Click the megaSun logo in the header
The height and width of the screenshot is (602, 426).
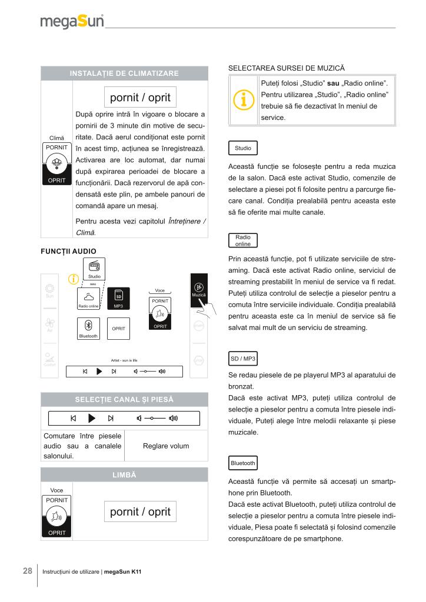(x=72, y=22)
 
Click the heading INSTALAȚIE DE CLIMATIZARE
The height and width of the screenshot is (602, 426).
(x=124, y=73)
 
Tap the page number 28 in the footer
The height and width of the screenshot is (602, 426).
(x=27, y=571)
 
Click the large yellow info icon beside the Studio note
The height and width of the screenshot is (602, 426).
(x=243, y=101)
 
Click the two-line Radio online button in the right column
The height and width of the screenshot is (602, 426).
(x=242, y=240)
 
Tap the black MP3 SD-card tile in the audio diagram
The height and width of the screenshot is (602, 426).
(x=118, y=298)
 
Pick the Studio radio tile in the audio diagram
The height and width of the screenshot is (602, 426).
(x=94, y=269)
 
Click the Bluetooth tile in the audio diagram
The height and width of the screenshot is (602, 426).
(x=88, y=329)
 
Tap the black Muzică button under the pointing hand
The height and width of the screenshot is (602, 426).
(x=199, y=290)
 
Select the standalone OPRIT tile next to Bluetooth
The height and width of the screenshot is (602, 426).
(x=118, y=329)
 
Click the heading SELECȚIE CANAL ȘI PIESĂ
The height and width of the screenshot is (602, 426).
(x=124, y=399)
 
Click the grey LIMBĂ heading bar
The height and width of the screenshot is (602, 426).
(x=124, y=474)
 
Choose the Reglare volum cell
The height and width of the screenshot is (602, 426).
(x=166, y=446)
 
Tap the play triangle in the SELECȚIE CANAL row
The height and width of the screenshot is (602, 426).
(x=91, y=419)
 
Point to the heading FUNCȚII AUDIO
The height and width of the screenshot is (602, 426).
(x=68, y=252)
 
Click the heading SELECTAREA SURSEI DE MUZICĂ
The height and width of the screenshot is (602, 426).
(x=286, y=69)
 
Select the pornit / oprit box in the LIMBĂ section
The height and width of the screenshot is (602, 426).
(x=140, y=511)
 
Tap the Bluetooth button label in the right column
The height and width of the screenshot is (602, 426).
(x=243, y=463)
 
